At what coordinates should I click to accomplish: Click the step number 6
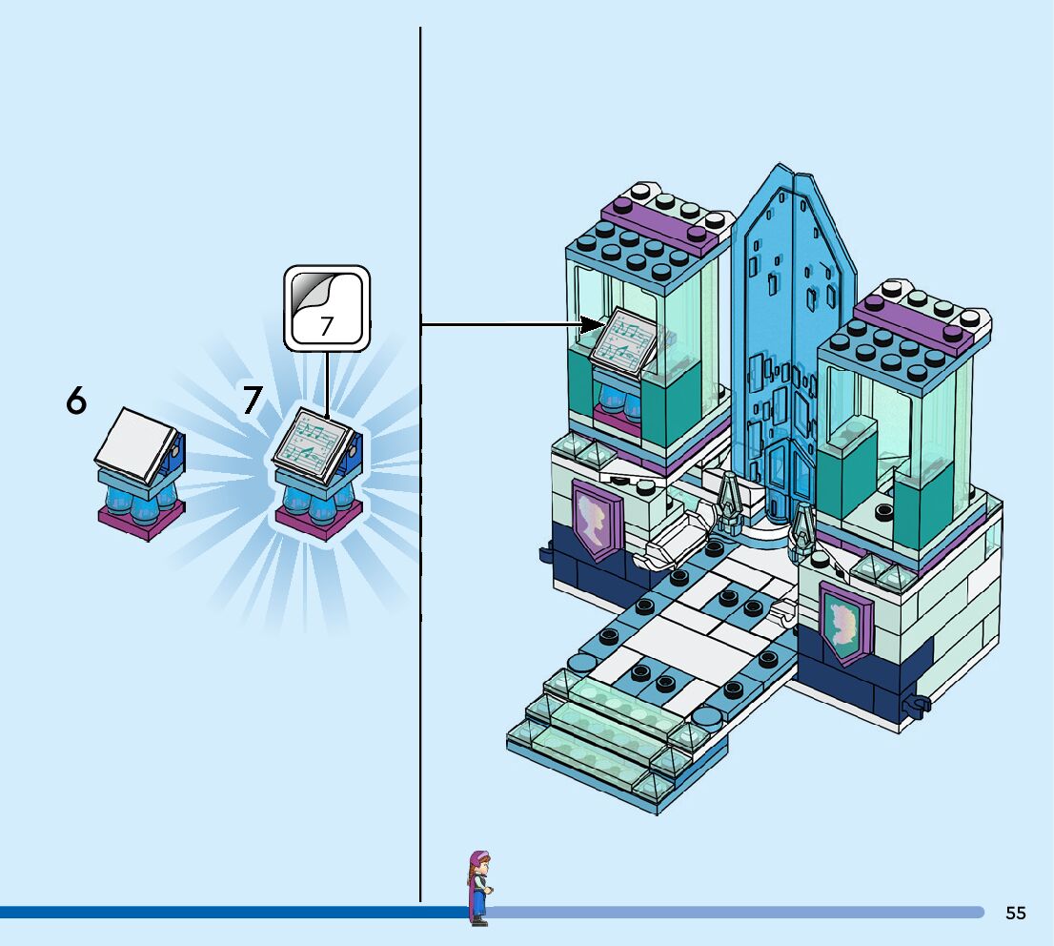coord(76,401)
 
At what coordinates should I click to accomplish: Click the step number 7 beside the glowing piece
coord(251,401)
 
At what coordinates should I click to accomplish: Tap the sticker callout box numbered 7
coord(326,308)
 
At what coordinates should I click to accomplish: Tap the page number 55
coord(1015,913)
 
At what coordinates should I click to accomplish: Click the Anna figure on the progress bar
coord(476,888)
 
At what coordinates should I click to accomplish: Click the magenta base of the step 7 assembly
coord(317,520)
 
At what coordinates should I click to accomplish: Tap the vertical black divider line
coord(420,572)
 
